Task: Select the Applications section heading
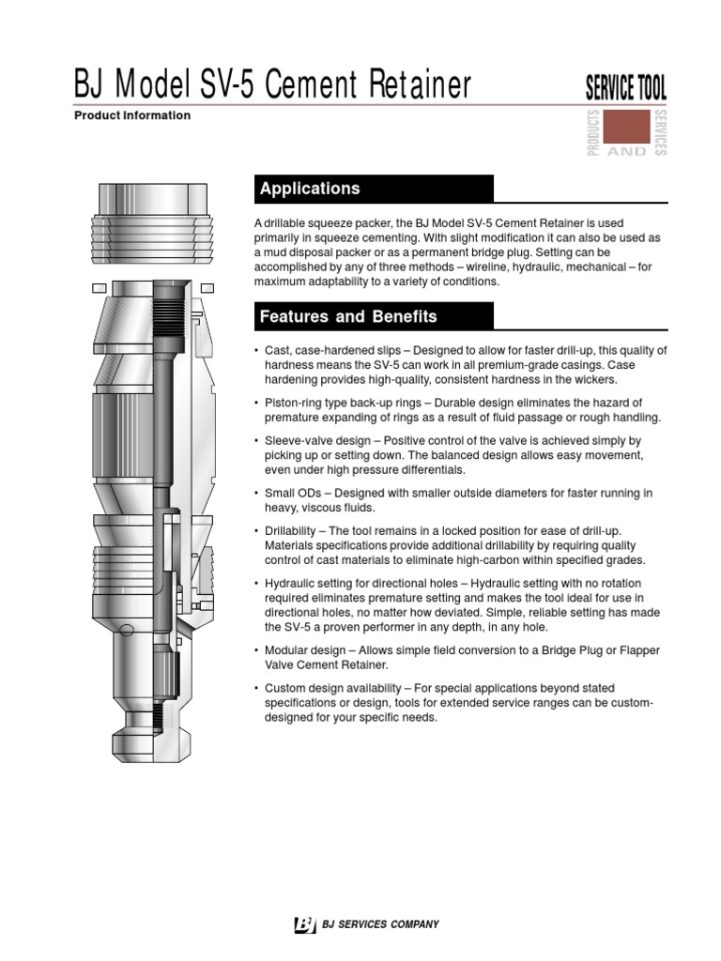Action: (310, 189)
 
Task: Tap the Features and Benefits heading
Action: (348, 316)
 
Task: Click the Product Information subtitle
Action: (131, 116)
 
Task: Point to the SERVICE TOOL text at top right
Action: (626, 89)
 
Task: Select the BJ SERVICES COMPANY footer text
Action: (380, 924)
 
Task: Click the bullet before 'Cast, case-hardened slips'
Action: (257, 351)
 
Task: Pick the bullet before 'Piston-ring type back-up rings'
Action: (257, 403)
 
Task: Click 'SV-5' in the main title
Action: (229, 85)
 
